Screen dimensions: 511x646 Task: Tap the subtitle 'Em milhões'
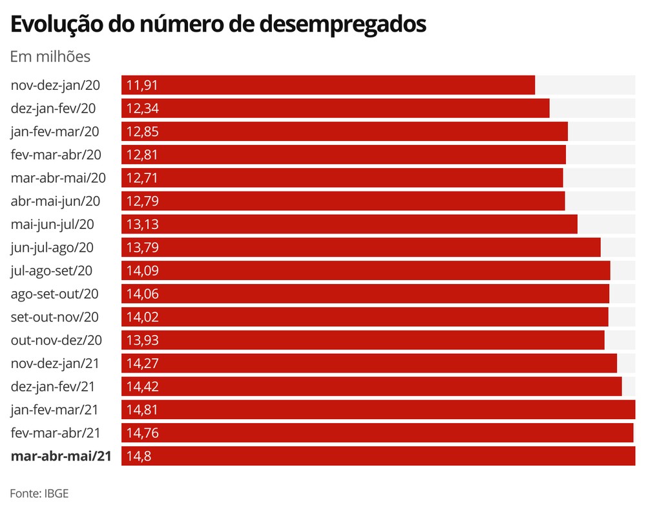[50, 57]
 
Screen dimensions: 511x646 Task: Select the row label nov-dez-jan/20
[55, 85]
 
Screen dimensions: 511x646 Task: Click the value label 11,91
[143, 85]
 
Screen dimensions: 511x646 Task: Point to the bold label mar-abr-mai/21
[61, 456]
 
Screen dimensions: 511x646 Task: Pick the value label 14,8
[140, 456]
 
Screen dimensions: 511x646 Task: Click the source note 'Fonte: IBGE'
[39, 493]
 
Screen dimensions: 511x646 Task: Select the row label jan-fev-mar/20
[55, 132]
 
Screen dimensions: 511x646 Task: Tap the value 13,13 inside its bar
[143, 224]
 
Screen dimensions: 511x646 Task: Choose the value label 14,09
[143, 271]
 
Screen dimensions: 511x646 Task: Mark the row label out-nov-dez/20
[56, 340]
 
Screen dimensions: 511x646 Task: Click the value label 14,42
[143, 387]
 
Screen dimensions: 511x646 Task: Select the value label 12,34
[143, 109]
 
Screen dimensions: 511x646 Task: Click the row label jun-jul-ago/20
[53, 248]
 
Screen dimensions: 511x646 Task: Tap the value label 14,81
[143, 409]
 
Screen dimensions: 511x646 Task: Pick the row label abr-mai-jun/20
[55, 201]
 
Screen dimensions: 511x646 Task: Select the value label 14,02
[143, 317]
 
